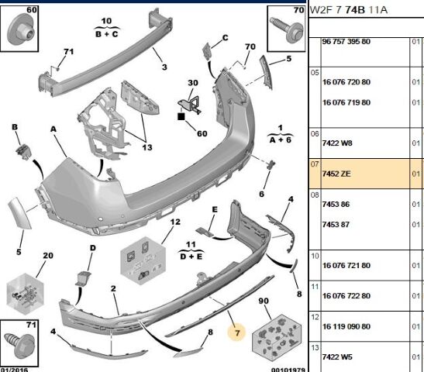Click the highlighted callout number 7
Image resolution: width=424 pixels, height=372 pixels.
tap(237, 332)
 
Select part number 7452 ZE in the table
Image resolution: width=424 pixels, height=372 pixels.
tap(336, 174)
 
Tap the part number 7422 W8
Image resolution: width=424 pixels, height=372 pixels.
tap(337, 143)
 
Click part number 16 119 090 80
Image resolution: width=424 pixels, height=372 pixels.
tap(346, 326)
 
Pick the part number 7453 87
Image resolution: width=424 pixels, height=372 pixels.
tap(336, 225)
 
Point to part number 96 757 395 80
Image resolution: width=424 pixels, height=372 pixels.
tap(346, 41)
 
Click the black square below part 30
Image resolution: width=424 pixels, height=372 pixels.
tap(181, 116)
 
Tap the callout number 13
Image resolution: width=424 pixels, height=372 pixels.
tap(147, 147)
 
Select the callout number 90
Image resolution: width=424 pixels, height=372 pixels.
tap(264, 301)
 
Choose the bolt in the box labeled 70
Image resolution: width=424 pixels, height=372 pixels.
tap(287, 29)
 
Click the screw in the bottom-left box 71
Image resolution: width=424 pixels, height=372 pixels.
tap(19, 343)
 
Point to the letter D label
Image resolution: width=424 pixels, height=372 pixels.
tap(93, 248)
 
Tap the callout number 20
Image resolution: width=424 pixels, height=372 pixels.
tap(48, 256)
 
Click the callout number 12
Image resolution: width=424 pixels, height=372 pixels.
tap(175, 222)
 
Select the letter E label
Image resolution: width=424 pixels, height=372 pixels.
tap(215, 209)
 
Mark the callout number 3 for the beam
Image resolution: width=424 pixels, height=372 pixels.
tap(164, 67)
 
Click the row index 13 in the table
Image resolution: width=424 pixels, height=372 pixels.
tap(315, 348)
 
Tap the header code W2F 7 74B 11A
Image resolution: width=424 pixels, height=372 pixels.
tap(348, 10)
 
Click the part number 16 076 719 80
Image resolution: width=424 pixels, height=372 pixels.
tap(346, 102)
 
